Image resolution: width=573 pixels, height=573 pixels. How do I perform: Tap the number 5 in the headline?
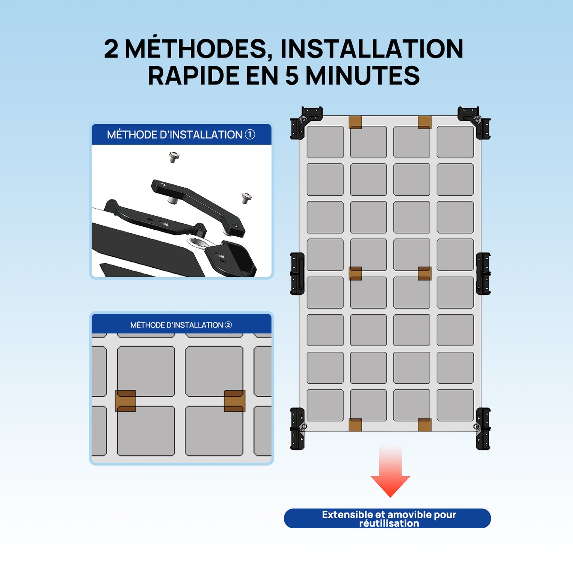pyautogui.click(x=291, y=76)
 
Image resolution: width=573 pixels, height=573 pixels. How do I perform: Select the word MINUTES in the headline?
pyautogui.click(x=362, y=76)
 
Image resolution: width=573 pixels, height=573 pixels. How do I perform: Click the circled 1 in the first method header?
pyautogui.click(x=250, y=134)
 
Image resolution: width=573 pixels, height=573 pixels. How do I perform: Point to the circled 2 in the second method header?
pyautogui.click(x=228, y=325)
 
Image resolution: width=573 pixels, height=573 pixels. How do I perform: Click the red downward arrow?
pyautogui.click(x=390, y=474)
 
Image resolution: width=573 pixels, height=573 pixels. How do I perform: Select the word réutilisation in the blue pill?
pyautogui.click(x=389, y=523)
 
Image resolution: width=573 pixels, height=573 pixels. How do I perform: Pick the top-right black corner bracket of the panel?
pyautogui.click(x=475, y=121)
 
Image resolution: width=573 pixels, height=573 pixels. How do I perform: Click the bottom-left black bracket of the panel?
pyautogui.click(x=297, y=429)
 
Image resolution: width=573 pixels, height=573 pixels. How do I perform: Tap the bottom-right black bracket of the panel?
pyautogui.click(x=483, y=429)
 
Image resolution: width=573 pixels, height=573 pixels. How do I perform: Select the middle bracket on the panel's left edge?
pyautogui.click(x=297, y=274)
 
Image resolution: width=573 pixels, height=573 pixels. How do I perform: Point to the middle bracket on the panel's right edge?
pyautogui.click(x=483, y=274)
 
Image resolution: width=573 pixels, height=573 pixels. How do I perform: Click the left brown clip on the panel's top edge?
pyautogui.click(x=355, y=122)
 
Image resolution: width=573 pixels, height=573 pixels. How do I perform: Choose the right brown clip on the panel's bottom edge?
pyautogui.click(x=424, y=425)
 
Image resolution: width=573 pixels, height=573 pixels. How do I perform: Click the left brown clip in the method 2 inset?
pyautogui.click(x=125, y=401)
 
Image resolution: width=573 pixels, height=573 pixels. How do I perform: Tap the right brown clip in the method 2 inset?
pyautogui.click(x=234, y=401)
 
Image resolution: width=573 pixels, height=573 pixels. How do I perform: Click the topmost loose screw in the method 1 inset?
pyautogui.click(x=174, y=157)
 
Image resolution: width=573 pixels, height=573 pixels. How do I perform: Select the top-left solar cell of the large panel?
pyautogui.click(x=325, y=142)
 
